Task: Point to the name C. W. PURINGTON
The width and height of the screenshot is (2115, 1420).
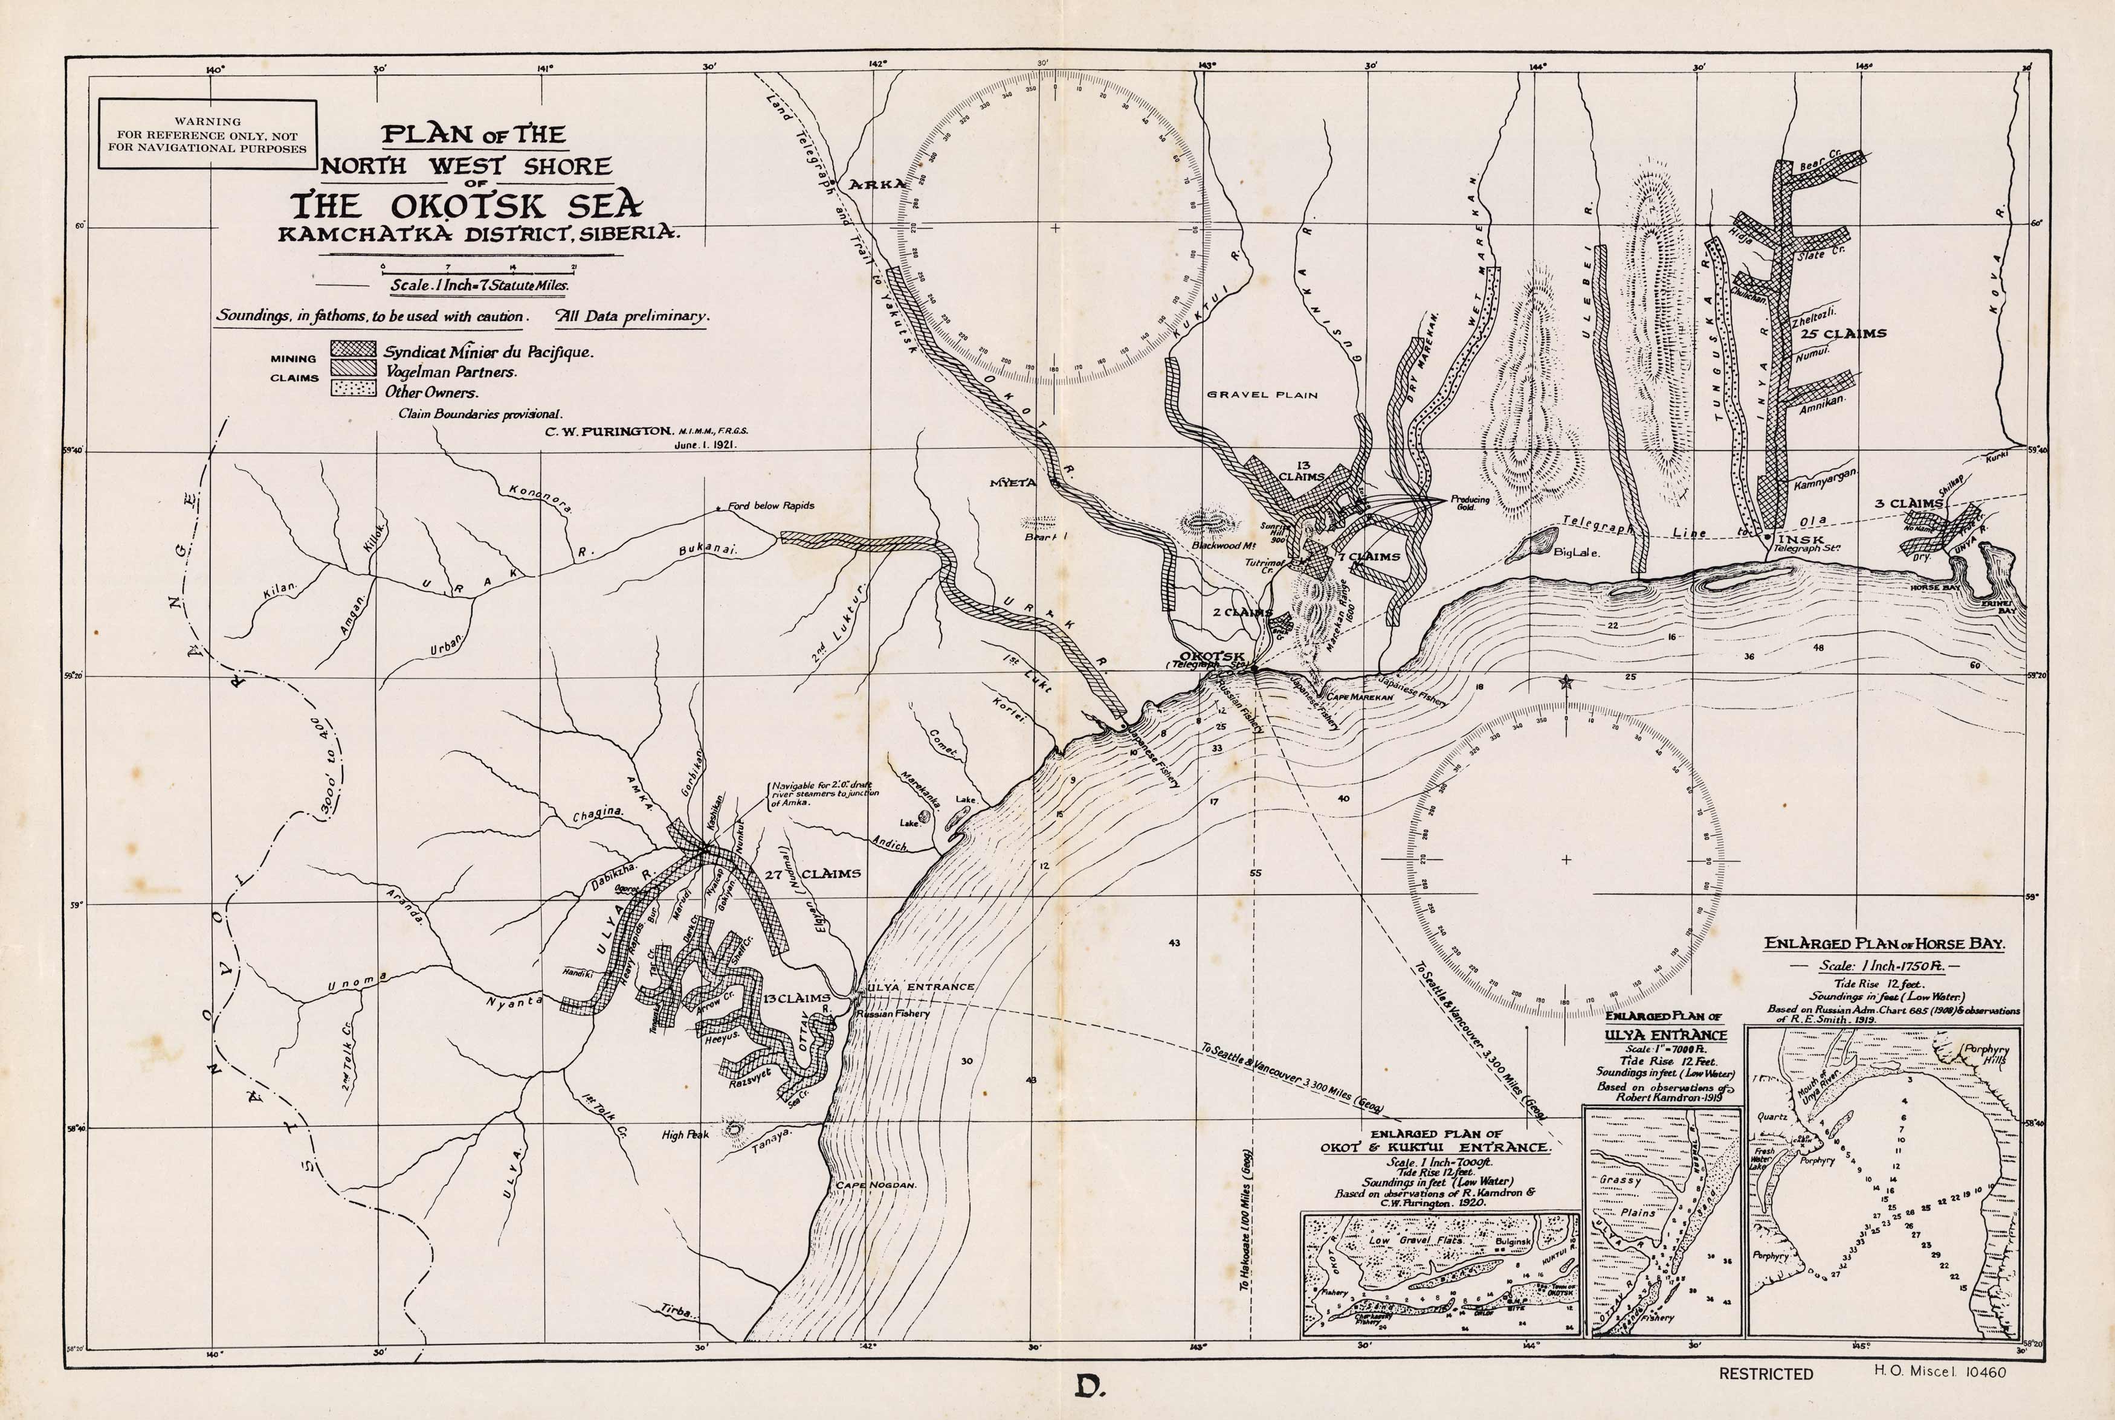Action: (608, 432)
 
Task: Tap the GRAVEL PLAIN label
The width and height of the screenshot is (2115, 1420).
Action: (1262, 395)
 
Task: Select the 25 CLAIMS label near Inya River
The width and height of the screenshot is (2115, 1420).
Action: (1842, 333)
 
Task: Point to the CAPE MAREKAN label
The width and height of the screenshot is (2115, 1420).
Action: (1358, 698)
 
